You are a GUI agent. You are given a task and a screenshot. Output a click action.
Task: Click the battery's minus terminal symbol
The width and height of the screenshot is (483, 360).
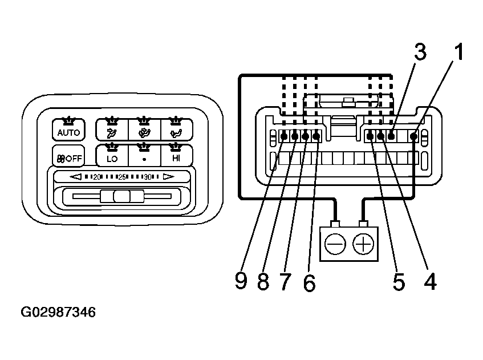(335, 245)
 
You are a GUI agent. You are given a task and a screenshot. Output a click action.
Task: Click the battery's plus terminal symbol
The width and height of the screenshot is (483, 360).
(363, 245)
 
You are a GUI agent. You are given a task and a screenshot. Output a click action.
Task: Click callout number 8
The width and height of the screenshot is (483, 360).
(263, 281)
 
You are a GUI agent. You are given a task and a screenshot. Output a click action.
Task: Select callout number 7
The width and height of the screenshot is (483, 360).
(286, 281)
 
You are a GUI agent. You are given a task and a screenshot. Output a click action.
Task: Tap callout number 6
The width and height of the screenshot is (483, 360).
(309, 282)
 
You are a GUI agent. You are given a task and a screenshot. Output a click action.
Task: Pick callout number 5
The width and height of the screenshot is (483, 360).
(399, 281)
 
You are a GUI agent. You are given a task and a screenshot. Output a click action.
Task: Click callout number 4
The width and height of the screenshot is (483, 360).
(431, 281)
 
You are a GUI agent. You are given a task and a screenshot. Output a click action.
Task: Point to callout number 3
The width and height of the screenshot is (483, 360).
(420, 52)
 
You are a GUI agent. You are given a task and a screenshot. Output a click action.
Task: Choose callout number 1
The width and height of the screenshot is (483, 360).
(458, 52)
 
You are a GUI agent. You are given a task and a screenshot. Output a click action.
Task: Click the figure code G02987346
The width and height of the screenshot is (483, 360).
(58, 313)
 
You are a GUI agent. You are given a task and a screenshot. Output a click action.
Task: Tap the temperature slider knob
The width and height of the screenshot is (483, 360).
(121, 197)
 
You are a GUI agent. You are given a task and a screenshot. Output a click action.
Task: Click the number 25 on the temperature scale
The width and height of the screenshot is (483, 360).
(121, 177)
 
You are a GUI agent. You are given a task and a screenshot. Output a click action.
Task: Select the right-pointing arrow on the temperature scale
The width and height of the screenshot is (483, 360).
(168, 177)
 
